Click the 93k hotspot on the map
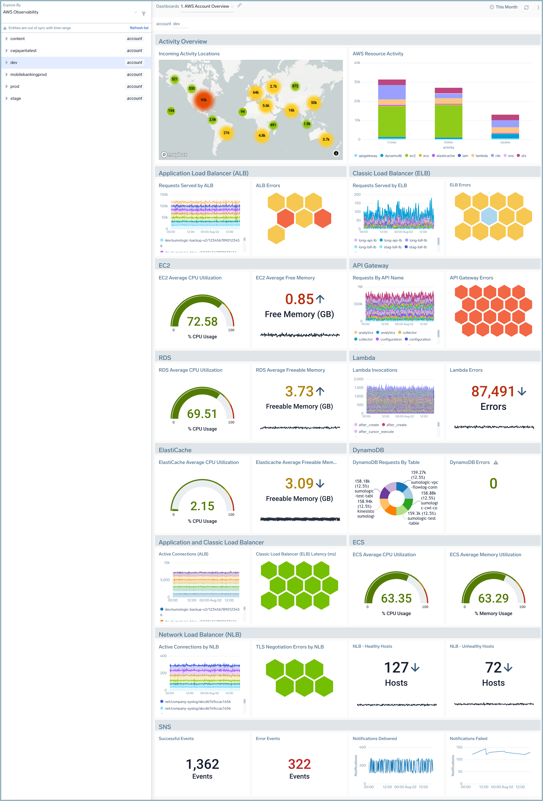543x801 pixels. click(x=204, y=100)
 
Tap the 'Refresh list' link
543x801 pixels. click(x=139, y=28)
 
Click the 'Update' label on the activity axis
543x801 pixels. click(x=505, y=142)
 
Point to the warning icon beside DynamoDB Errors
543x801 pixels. click(x=496, y=463)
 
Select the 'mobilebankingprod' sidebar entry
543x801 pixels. click(x=28, y=74)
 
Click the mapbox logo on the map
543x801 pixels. click(x=174, y=154)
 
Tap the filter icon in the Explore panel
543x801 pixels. click(x=144, y=14)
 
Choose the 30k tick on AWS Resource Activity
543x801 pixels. click(x=357, y=82)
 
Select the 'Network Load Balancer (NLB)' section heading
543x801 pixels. click(x=200, y=635)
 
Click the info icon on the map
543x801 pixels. click(x=336, y=153)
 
